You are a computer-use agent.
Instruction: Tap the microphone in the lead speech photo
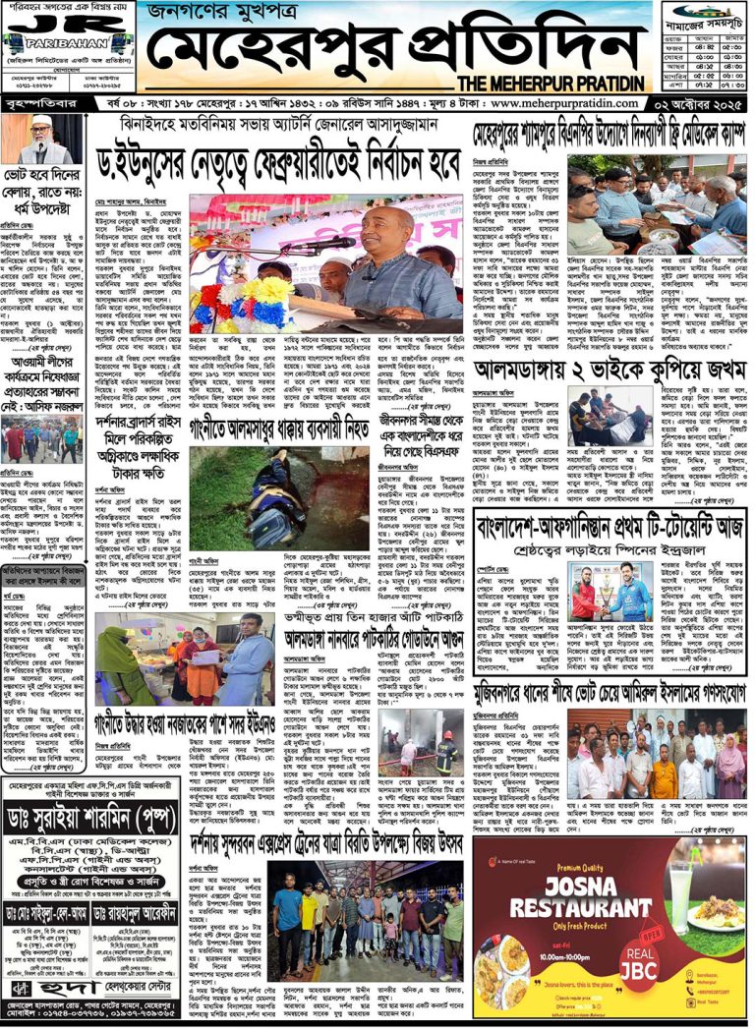(339, 242)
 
